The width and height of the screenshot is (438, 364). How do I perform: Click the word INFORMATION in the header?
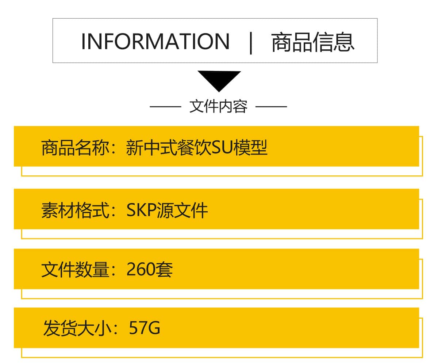pyautogui.click(x=155, y=41)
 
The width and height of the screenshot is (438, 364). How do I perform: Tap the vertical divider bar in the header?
pyautogui.click(x=251, y=43)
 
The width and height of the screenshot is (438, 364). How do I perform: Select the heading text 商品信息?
pyautogui.click(x=312, y=42)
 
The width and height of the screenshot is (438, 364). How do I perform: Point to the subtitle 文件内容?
pyautogui.click(x=218, y=106)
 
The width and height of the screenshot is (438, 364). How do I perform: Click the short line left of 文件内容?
pyautogui.click(x=165, y=107)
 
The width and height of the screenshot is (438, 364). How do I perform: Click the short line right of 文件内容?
pyautogui.click(x=271, y=107)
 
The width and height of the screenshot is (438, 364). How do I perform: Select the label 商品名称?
pyautogui.click(x=75, y=148)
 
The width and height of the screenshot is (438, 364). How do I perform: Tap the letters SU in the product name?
pyautogui.click(x=222, y=148)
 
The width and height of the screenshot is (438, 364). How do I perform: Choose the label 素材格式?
pyautogui.click(x=75, y=210)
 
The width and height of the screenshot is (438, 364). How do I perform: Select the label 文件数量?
pyautogui.click(x=75, y=270)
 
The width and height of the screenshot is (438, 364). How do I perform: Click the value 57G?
pyautogui.click(x=145, y=328)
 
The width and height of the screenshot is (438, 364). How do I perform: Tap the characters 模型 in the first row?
pyautogui.click(x=250, y=148)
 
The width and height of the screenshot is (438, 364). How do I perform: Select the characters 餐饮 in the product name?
pyautogui.click(x=194, y=148)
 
